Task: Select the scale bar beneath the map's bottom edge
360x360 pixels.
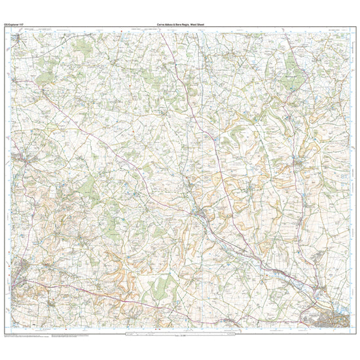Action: tap(180, 336)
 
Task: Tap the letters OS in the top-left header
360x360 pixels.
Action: tap(7, 25)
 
